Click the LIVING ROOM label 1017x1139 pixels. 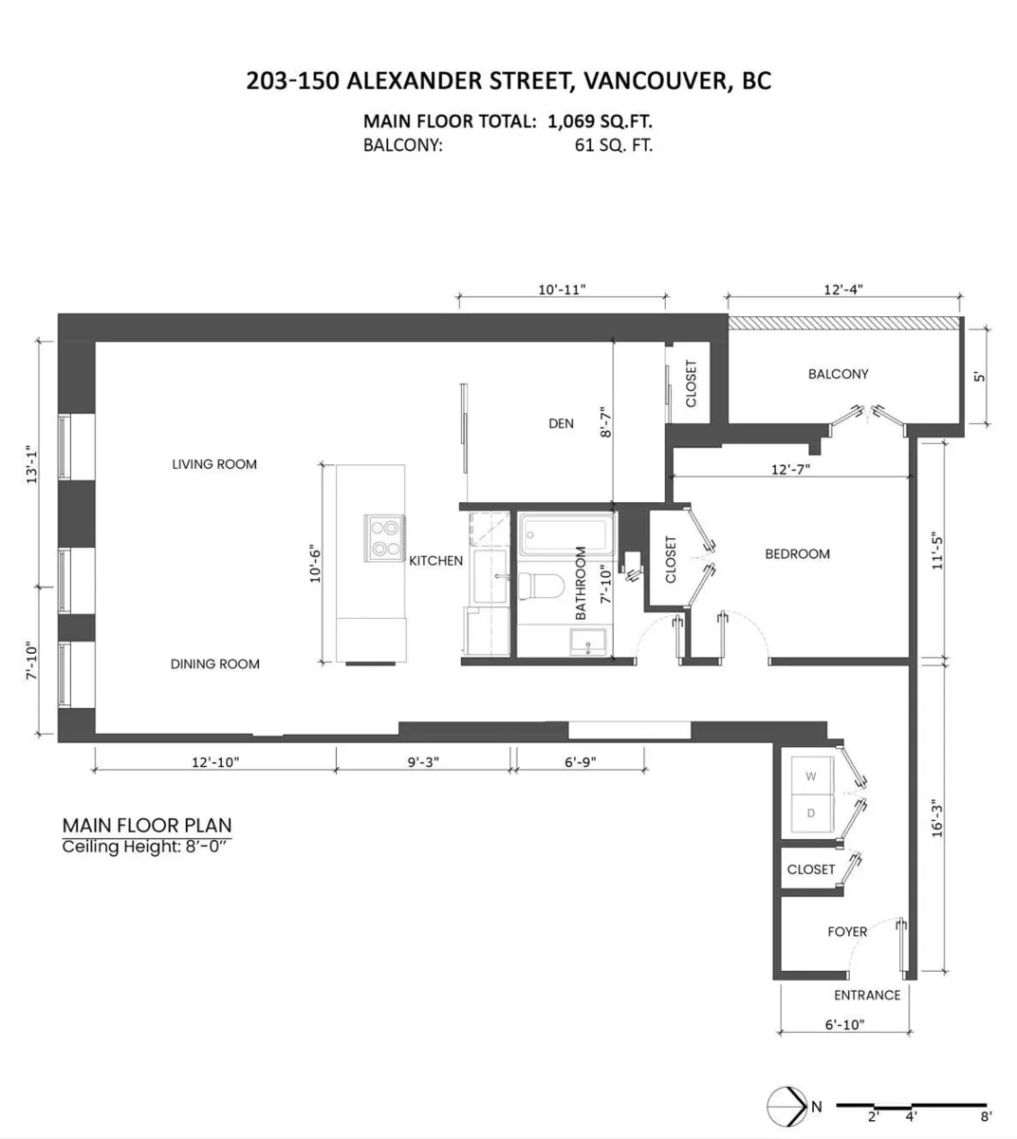[214, 464]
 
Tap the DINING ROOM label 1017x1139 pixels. [215, 663]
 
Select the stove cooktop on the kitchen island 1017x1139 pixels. [383, 538]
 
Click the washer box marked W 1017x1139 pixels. [811, 776]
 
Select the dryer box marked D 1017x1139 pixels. [811, 813]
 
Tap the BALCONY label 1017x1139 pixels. [838, 374]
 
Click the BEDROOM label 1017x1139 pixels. [797, 553]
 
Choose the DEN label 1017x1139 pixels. [561, 423]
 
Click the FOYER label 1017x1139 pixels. [846, 931]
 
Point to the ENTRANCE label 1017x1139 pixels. [867, 995]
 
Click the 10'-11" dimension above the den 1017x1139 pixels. [563, 289]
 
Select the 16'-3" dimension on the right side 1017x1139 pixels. [938, 817]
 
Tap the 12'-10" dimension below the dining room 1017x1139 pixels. [215, 761]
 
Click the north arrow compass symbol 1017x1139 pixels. [784, 1105]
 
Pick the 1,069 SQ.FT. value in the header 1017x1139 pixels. [600, 121]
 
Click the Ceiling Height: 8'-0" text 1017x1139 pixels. [147, 847]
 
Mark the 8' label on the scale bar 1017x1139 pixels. [986, 1116]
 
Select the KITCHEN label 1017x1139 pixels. [435, 561]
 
